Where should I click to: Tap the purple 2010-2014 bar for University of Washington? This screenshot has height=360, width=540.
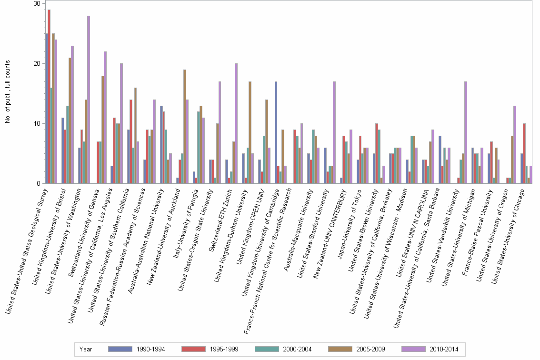coord(89,100)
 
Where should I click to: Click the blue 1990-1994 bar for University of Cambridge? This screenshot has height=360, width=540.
coord(276,132)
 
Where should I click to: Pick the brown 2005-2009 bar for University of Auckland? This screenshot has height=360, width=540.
coord(185,127)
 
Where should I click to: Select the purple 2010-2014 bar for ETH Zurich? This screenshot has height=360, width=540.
coord(236,123)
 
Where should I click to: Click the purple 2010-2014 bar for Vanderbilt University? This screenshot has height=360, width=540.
coord(465,132)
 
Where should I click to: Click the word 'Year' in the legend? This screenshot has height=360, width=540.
coord(86,349)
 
